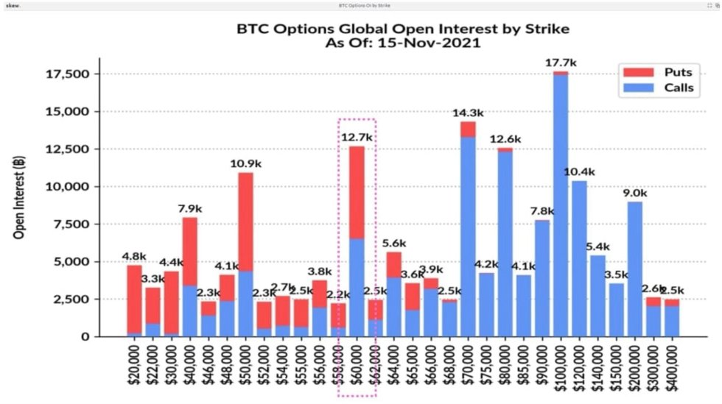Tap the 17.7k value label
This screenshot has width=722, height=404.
click(x=561, y=63)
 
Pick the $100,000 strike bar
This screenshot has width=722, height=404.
click(x=561, y=206)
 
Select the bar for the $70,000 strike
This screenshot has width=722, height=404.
click(x=468, y=235)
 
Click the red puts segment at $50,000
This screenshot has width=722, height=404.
click(x=246, y=222)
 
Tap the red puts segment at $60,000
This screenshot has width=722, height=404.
click(x=357, y=191)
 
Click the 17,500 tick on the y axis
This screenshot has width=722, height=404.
click(x=67, y=74)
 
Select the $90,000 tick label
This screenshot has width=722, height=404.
click(x=542, y=366)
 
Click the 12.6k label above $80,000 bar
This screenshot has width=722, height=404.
click(x=505, y=139)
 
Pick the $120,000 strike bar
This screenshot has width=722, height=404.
click(x=580, y=258)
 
